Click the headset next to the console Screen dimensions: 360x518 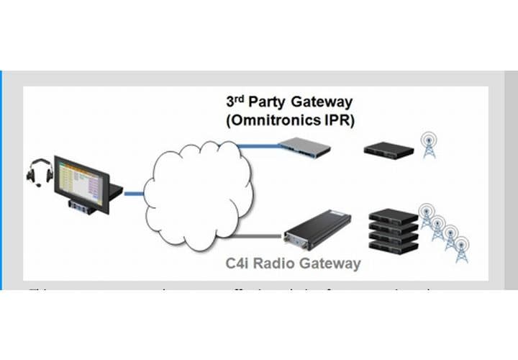[40, 174]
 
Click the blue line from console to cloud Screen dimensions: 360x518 [133, 192]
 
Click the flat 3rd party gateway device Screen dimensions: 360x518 [304, 148]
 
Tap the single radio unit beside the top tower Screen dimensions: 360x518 [388, 150]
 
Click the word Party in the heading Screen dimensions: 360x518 [268, 102]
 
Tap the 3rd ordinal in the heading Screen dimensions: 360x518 [237, 101]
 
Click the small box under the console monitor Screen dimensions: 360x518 [79, 207]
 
